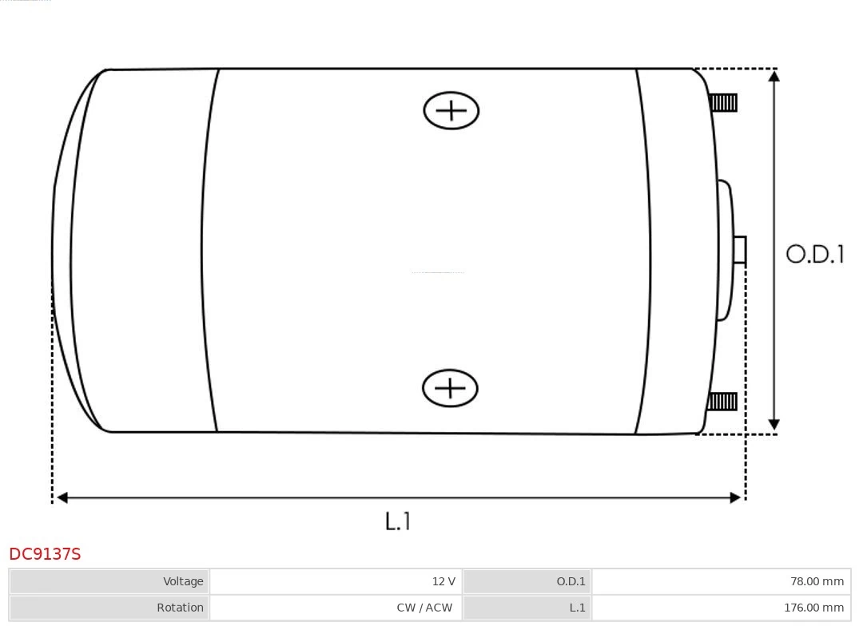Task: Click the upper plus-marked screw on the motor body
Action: (451, 110)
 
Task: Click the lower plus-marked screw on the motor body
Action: (450, 388)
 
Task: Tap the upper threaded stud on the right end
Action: (723, 103)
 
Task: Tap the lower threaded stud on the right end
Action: (722, 402)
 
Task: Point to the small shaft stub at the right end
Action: (740, 250)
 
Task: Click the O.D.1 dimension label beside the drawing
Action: (814, 254)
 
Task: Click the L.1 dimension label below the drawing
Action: (397, 521)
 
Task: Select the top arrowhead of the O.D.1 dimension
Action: (774, 75)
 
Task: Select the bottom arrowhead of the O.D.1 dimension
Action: (774, 424)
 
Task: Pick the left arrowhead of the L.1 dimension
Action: (62, 497)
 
